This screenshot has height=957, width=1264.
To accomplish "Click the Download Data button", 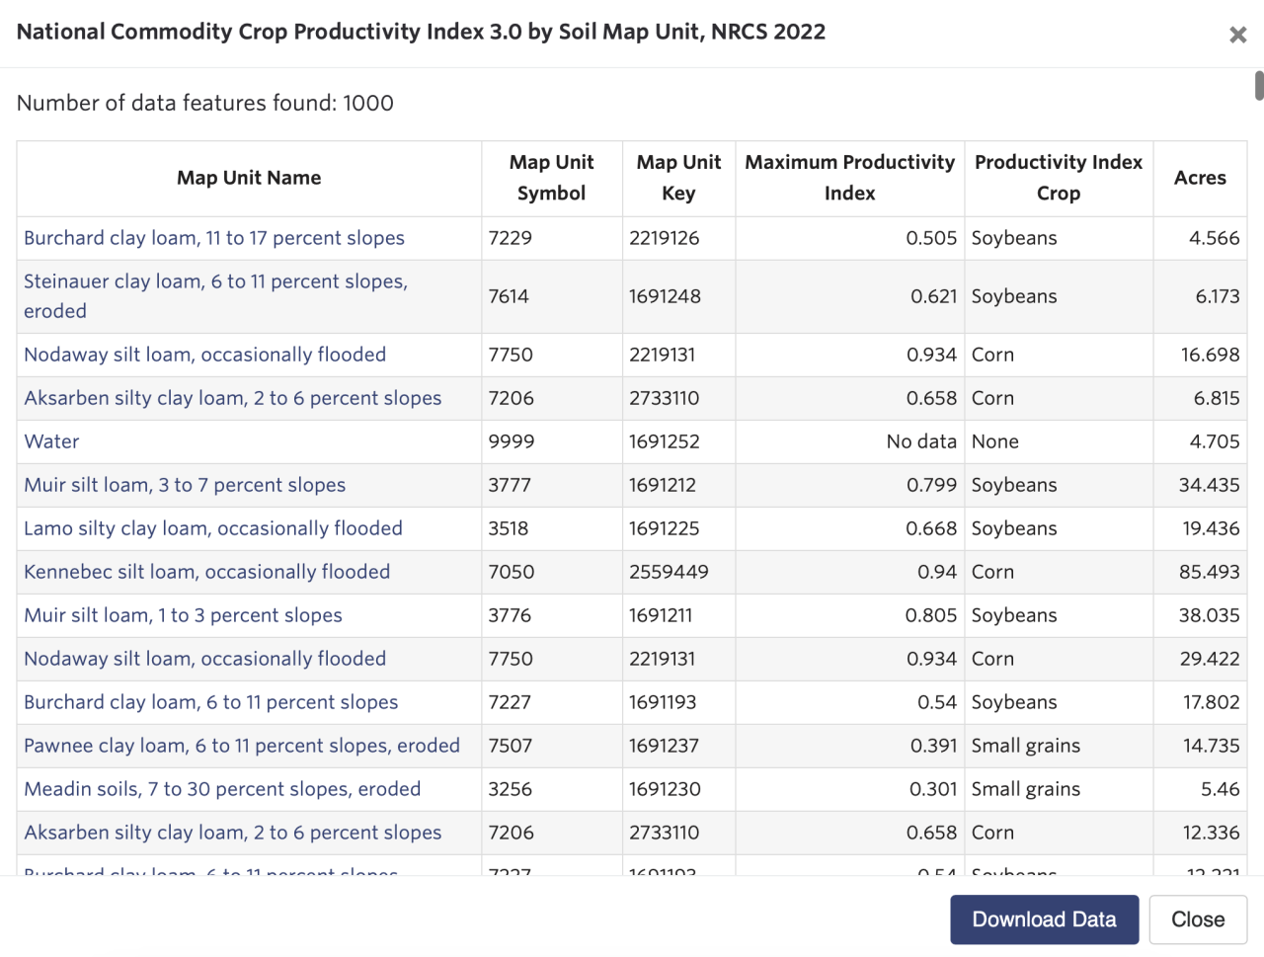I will [x=1044, y=919].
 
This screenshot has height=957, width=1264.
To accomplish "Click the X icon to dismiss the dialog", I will [x=1237, y=35].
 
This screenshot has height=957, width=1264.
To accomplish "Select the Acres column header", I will [x=1199, y=178].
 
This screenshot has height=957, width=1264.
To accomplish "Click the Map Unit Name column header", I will [x=249, y=178].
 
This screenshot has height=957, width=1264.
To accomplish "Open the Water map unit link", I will [x=51, y=441].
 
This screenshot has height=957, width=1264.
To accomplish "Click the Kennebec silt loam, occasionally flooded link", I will [x=206, y=572].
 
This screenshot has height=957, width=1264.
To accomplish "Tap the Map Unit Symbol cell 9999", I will [x=511, y=441].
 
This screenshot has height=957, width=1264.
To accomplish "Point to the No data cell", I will [x=920, y=441].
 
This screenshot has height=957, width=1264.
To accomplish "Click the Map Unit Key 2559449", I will [x=669, y=572].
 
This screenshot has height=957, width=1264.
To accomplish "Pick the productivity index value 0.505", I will [x=931, y=238].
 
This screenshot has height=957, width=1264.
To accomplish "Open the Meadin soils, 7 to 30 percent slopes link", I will [x=222, y=789].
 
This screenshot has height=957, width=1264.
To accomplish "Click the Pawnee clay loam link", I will [x=242, y=746].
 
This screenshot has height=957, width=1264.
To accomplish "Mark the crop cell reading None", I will [x=994, y=441].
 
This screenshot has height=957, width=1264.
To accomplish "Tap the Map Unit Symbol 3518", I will [x=509, y=528].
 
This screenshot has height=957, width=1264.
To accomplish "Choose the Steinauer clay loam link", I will [x=215, y=282].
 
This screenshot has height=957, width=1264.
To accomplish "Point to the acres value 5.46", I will [x=1220, y=789].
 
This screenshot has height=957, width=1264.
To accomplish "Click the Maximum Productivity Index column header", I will [x=849, y=178].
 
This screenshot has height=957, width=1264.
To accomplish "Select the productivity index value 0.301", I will [x=933, y=789].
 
